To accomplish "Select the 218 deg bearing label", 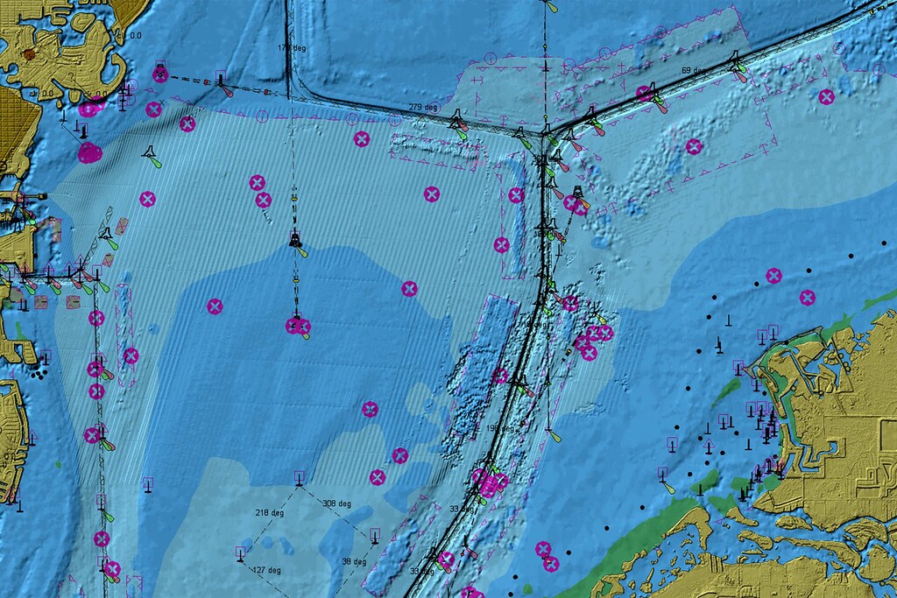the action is point(269,513).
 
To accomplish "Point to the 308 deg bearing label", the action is point(336,504).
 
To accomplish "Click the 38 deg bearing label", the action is point(354,562).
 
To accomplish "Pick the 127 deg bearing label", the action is point(267,571).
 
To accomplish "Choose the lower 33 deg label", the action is point(420,571).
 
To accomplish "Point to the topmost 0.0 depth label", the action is point(135,36).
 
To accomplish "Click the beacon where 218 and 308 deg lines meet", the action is point(299,478).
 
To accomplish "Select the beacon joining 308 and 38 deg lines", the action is point(375,534).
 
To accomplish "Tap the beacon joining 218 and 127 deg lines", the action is point(239,553).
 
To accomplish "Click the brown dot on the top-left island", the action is point(29,54).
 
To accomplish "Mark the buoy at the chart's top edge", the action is point(549,5).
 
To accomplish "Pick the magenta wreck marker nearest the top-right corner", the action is point(826,96).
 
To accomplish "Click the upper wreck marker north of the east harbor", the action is point(773,276).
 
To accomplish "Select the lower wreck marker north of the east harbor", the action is point(807,297).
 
